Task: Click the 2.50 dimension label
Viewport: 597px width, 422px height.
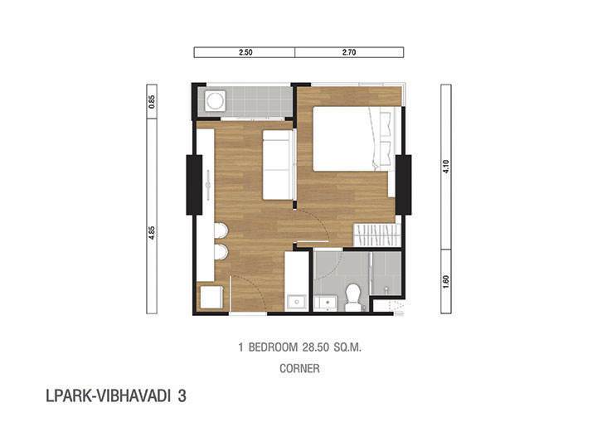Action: click(245, 52)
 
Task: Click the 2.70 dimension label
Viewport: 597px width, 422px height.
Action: click(349, 52)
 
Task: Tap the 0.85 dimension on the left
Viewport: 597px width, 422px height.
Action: click(152, 102)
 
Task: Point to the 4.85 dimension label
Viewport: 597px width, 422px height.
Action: click(152, 232)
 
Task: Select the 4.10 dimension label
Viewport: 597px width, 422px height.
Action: click(446, 167)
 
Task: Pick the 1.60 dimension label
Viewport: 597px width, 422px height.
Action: click(446, 282)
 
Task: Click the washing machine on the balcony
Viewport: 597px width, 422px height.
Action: click(215, 101)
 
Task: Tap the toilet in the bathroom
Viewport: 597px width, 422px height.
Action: click(353, 297)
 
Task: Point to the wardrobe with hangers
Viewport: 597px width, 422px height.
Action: click(377, 235)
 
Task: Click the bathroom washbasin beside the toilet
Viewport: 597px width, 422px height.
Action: click(327, 303)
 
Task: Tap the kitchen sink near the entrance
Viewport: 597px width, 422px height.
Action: click(296, 303)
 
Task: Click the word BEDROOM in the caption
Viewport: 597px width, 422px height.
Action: click(273, 347)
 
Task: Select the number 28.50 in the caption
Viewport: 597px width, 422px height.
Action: click(316, 347)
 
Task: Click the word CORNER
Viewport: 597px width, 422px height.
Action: click(299, 368)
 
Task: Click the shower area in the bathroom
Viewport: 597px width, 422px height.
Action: click(386, 273)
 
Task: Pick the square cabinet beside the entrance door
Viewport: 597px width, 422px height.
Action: click(211, 297)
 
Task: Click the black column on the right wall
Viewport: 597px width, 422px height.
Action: click(404, 185)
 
